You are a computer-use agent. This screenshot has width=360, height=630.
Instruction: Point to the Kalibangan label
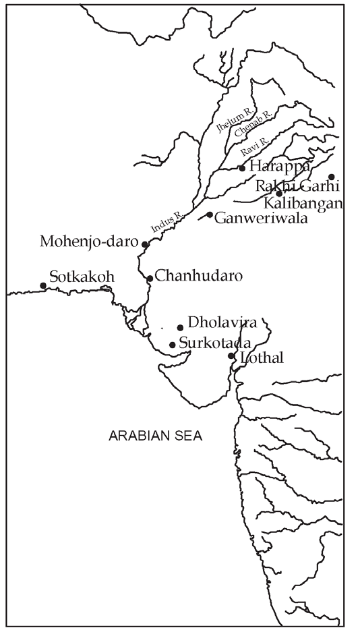coord(304,202)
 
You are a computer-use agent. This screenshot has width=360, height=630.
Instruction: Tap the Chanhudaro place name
coord(198,276)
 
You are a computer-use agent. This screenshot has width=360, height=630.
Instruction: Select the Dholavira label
coord(222,322)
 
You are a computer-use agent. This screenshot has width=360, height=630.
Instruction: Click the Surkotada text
coord(214,342)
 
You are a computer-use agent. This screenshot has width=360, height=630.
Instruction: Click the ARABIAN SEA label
coord(155,436)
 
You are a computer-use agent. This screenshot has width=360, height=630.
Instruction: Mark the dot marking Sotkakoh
coord(43,285)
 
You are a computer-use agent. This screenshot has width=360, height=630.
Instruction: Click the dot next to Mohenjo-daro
coord(144,244)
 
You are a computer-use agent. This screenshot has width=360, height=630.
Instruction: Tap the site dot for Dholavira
coord(180,328)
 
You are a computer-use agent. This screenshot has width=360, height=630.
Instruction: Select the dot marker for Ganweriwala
coord(210,215)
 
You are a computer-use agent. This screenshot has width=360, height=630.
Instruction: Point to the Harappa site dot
coord(242,168)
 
